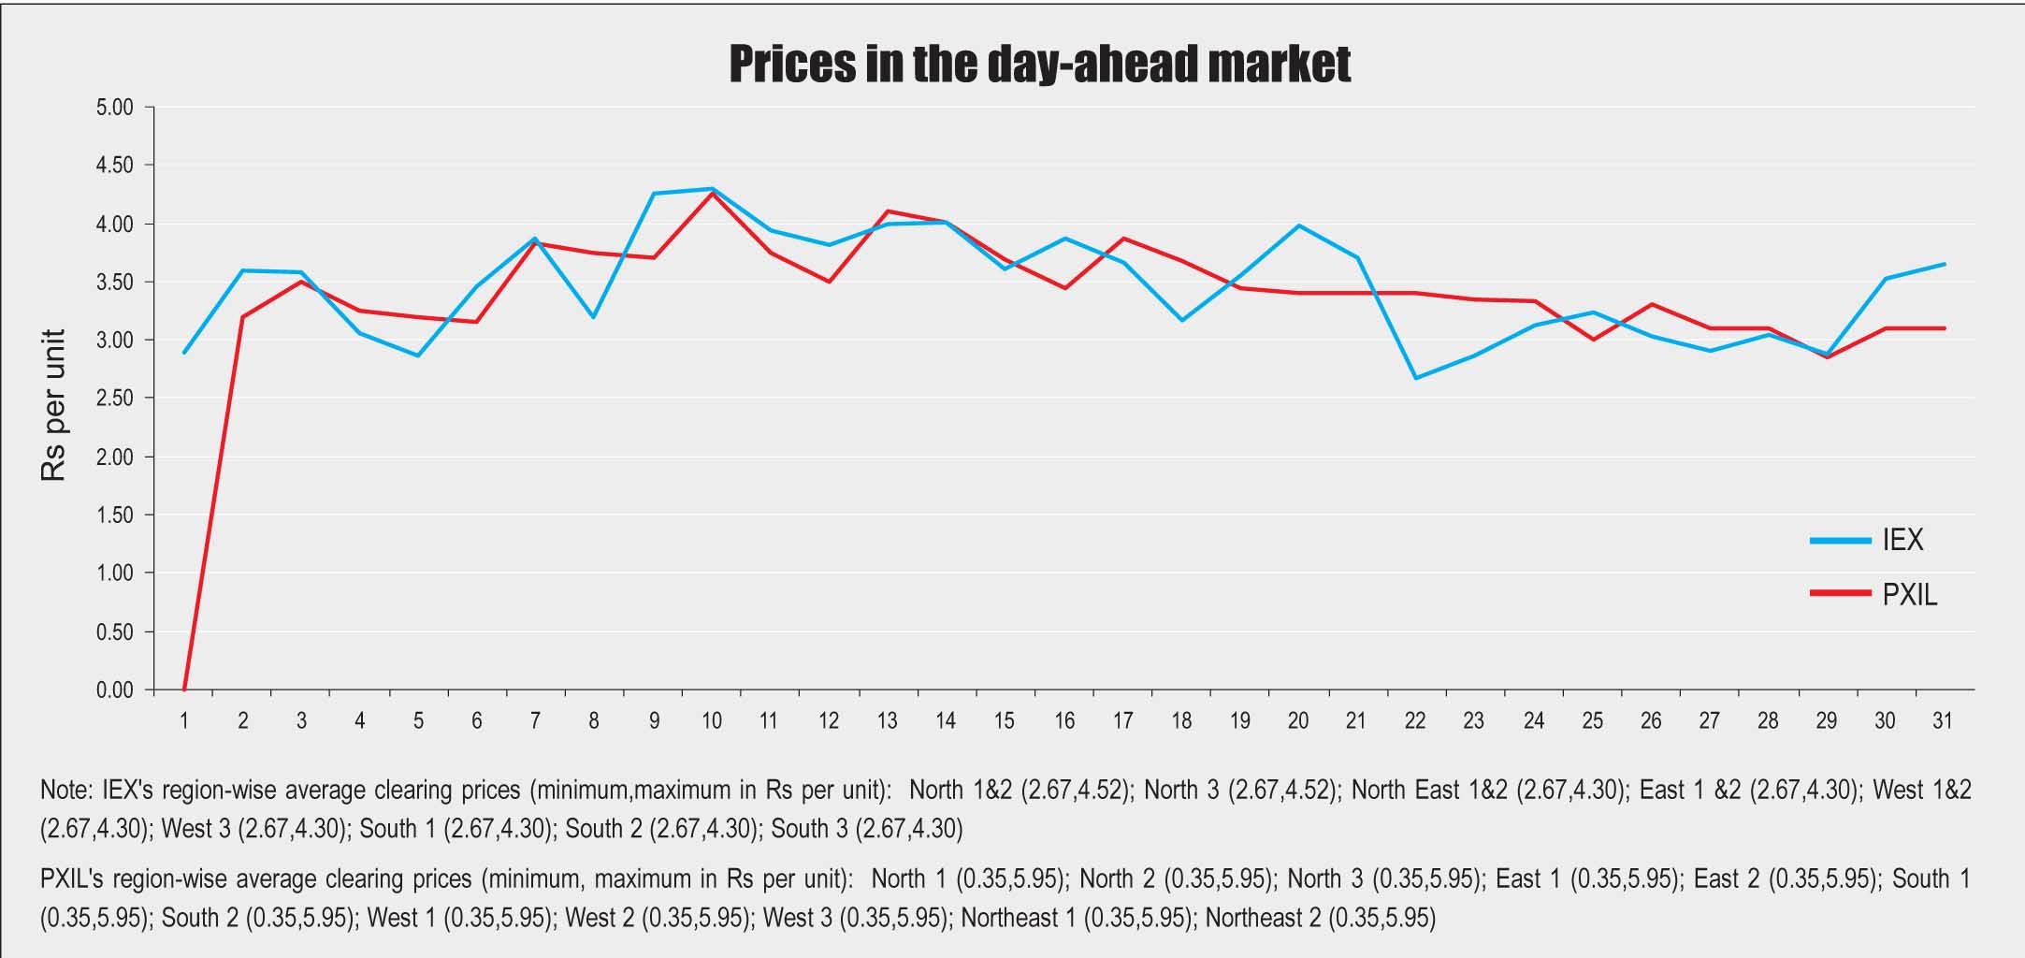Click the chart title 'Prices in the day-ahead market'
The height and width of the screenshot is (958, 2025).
1039,64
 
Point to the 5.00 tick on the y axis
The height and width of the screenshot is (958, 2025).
115,108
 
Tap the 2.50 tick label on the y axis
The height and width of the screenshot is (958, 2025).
115,399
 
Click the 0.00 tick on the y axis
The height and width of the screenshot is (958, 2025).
115,690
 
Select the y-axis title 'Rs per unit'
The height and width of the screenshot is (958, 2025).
54,405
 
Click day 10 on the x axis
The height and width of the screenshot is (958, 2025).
711,721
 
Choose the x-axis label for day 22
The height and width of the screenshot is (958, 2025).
1414,721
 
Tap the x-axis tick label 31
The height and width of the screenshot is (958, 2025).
1943,721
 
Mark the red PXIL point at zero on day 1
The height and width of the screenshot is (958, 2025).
184,689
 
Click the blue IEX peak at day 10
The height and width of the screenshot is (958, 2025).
712,189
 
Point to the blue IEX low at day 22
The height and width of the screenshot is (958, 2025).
1415,378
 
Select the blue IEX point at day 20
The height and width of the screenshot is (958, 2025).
1298,225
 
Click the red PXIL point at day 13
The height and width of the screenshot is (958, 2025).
888,211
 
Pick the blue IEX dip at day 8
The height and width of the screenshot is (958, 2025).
594,317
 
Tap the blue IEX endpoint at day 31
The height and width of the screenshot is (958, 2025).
1945,264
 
